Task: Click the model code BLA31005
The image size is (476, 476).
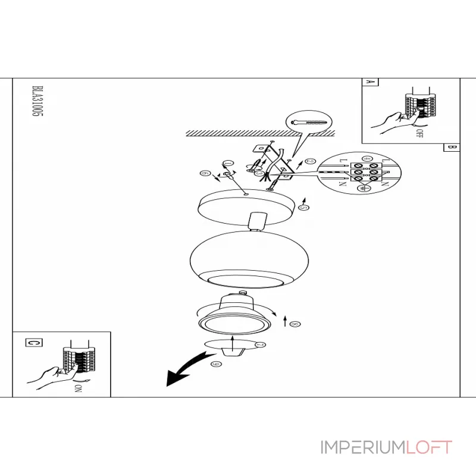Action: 36,105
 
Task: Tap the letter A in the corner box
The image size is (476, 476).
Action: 369,84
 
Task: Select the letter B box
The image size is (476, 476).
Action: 451,148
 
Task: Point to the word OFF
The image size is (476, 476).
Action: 419,133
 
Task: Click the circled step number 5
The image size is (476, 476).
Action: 303,207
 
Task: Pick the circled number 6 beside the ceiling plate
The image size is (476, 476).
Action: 205,174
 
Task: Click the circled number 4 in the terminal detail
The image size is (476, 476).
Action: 367,159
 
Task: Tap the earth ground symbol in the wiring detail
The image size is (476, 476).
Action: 367,188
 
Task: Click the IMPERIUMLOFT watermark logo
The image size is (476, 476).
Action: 386,447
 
